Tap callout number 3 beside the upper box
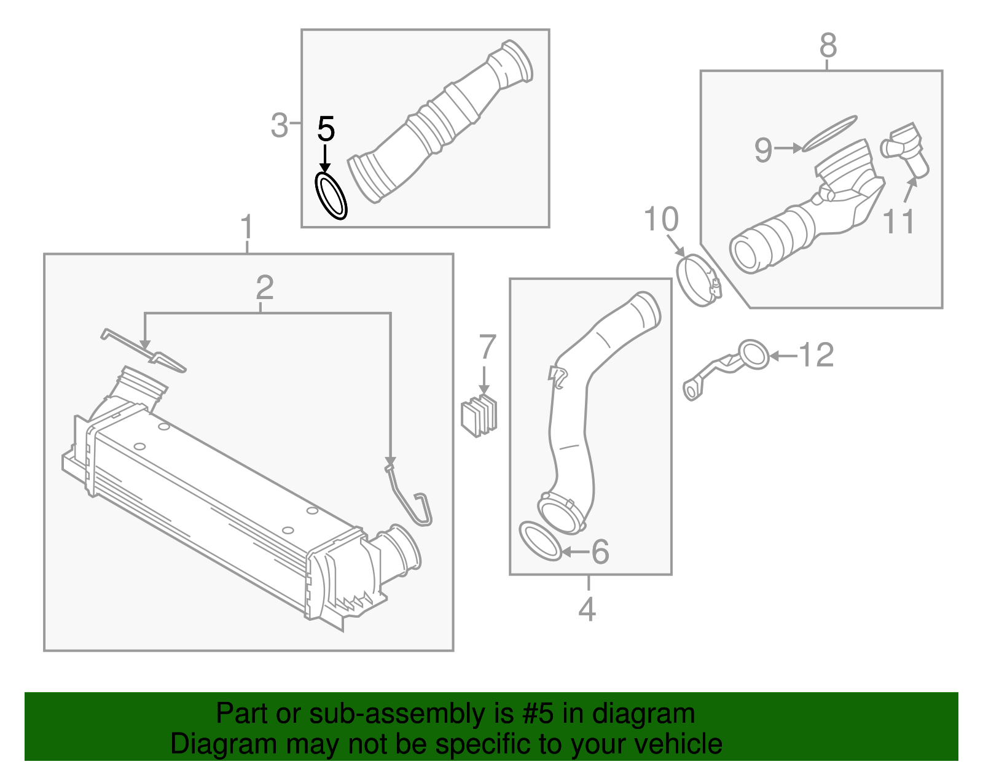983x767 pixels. click(x=279, y=125)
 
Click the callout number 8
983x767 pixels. click(x=828, y=45)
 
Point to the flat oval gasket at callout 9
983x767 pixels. click(x=829, y=133)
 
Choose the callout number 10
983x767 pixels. click(x=661, y=219)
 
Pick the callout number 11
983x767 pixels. click(x=898, y=222)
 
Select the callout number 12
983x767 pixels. click(x=816, y=355)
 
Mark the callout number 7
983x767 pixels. click(x=487, y=347)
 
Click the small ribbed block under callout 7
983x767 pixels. click(x=479, y=416)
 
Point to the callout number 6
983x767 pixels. click(x=600, y=552)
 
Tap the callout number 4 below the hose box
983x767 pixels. click(x=587, y=609)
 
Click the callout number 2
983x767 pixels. click(x=265, y=287)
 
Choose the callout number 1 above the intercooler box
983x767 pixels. click(x=246, y=227)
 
